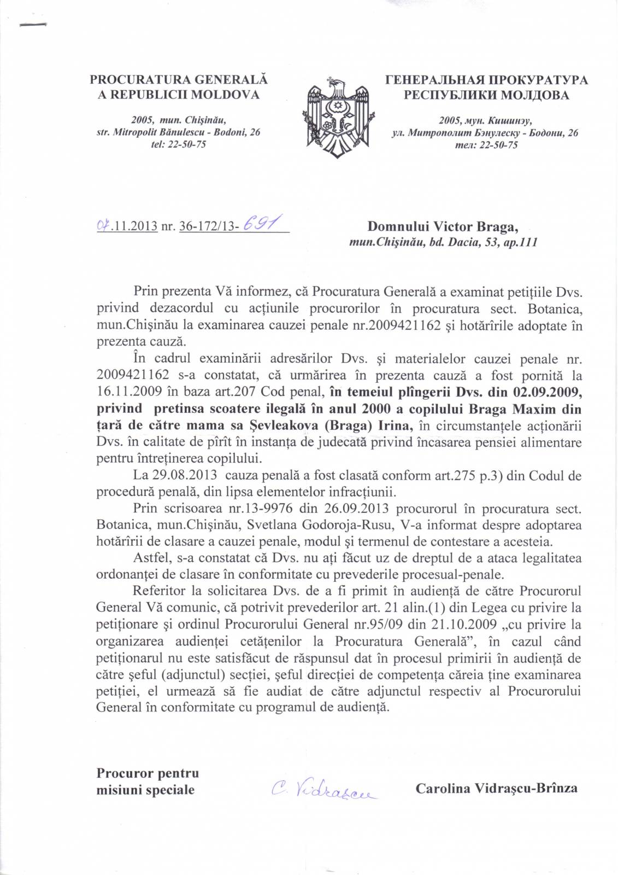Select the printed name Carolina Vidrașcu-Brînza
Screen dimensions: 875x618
496,788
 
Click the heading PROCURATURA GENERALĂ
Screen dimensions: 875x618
179,80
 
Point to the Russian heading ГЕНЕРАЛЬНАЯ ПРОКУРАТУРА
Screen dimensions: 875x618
487,80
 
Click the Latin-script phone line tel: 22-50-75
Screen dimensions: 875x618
178,145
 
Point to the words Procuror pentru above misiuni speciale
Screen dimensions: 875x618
148,773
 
